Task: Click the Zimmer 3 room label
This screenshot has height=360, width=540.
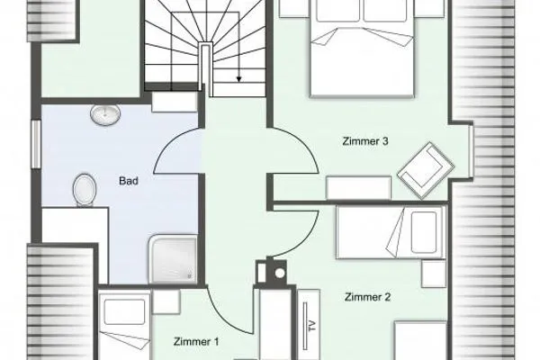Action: [365, 141]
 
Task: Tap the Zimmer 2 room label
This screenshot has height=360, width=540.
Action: [367, 297]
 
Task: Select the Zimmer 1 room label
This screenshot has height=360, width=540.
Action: [196, 341]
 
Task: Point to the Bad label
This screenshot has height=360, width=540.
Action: [129, 181]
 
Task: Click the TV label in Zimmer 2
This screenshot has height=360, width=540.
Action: [312, 326]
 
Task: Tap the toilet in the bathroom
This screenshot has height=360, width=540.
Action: [85, 190]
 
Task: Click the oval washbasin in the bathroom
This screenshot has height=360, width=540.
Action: [105, 114]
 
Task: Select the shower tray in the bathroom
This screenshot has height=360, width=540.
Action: [173, 259]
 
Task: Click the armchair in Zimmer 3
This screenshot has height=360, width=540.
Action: [426, 170]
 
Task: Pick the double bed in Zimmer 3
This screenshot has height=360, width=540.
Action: [362, 49]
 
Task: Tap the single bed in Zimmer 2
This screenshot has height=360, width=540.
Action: [391, 232]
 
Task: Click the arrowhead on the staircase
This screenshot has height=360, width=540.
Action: [238, 79]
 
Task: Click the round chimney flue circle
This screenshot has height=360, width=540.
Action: [280, 274]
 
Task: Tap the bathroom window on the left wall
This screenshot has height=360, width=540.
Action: [36, 144]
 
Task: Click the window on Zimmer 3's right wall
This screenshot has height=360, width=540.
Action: [472, 151]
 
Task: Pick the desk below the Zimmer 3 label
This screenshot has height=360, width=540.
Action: [358, 188]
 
